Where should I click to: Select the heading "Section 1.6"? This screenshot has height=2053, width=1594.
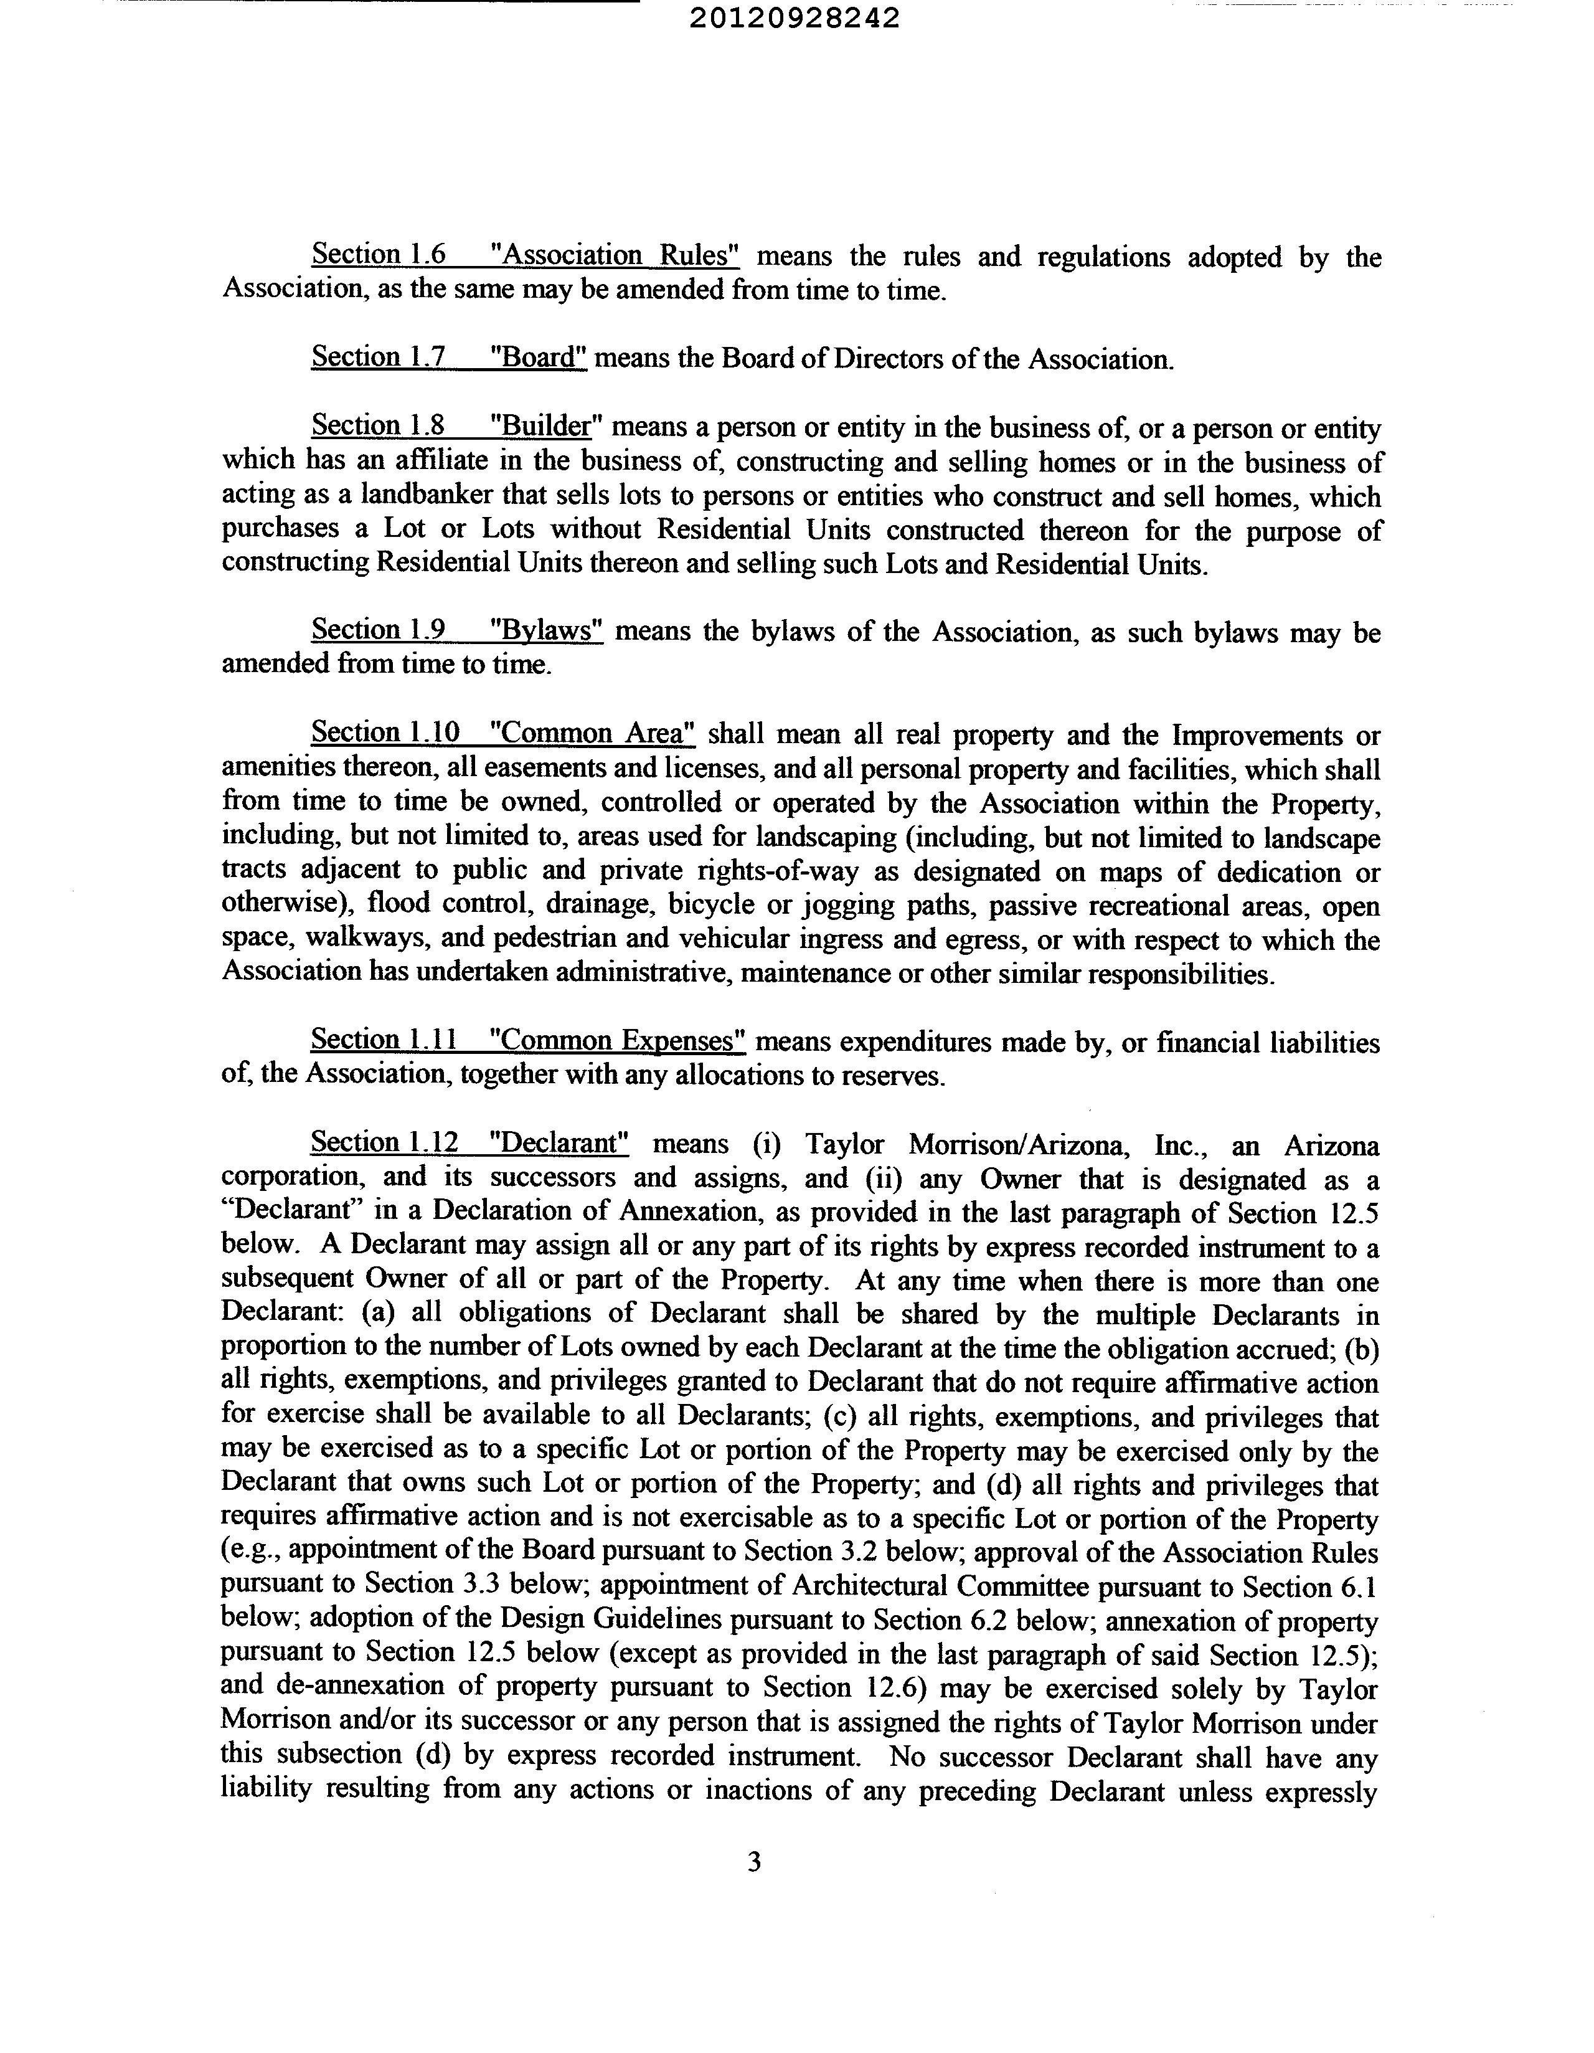tap(378, 255)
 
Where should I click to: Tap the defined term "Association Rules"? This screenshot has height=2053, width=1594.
tap(616, 255)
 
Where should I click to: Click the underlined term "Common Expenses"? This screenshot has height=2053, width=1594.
tap(618, 1041)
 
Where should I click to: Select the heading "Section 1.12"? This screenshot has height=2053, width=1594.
tap(384, 1143)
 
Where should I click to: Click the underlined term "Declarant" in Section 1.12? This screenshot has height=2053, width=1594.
tap(559, 1143)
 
